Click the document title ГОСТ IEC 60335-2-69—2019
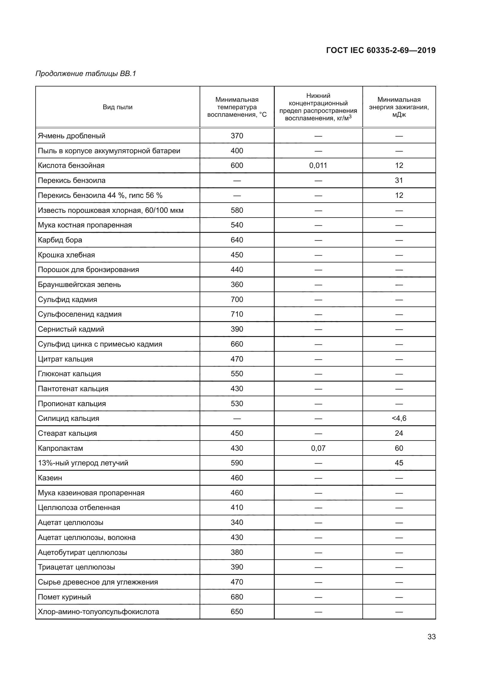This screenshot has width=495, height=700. click(x=381, y=50)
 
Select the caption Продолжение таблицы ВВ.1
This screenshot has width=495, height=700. click(x=86, y=74)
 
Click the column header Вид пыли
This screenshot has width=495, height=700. click(x=117, y=107)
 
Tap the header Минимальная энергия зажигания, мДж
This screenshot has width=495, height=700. click(x=399, y=107)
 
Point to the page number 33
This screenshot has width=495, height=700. click(x=431, y=637)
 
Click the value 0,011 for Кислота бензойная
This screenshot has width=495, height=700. click(x=318, y=165)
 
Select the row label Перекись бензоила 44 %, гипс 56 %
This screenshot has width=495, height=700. click(x=100, y=195)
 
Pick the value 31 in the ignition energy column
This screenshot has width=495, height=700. click(x=399, y=180)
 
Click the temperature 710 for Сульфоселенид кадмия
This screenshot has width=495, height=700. click(x=236, y=314)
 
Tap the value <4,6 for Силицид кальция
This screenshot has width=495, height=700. click(x=399, y=418)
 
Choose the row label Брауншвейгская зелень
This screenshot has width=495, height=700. click(x=79, y=285)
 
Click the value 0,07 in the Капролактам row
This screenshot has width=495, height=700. click(x=318, y=448)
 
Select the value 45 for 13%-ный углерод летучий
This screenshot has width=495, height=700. click(x=399, y=463)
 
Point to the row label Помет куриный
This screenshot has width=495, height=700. click(x=64, y=597)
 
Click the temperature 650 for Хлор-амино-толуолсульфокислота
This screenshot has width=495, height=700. click(x=236, y=612)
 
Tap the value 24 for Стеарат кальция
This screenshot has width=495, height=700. click(x=399, y=433)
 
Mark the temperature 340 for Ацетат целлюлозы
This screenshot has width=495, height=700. click(x=236, y=523)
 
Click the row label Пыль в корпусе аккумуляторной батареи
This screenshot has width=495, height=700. click(x=109, y=151)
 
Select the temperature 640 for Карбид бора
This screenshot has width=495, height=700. click(x=236, y=240)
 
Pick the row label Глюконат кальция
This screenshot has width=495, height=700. click(x=69, y=374)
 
